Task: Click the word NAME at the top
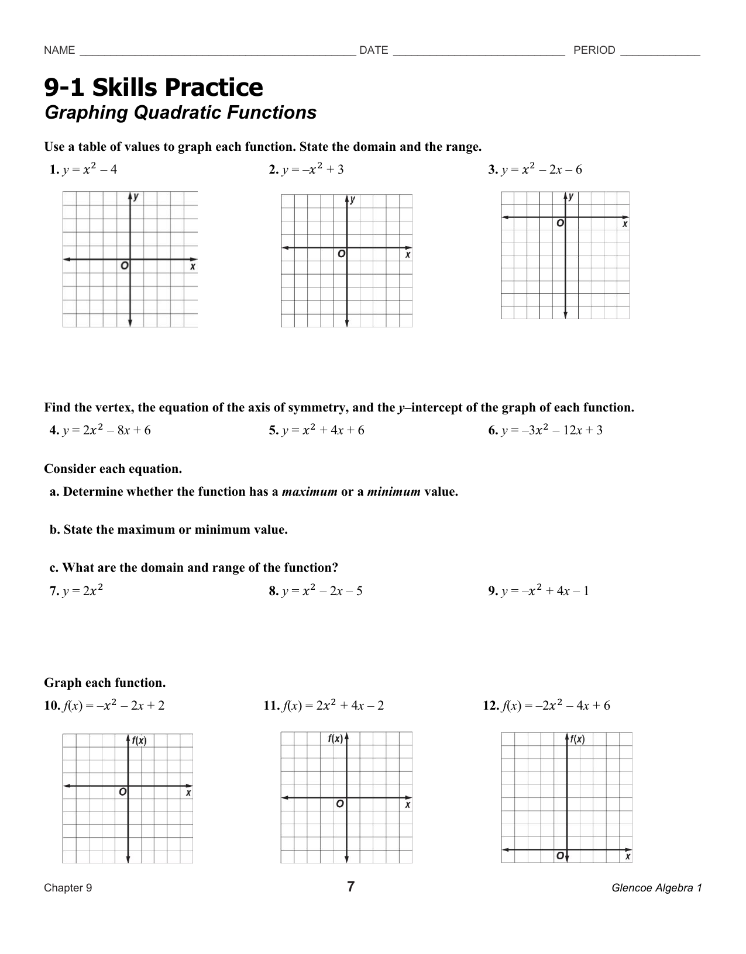(59, 50)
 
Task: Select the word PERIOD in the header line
(594, 50)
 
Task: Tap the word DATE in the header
(373, 50)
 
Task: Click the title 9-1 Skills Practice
(154, 87)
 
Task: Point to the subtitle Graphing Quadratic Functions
(180, 112)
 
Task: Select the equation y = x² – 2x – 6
(541, 170)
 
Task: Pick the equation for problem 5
(322, 430)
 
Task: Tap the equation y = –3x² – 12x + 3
(551, 430)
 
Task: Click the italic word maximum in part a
(310, 492)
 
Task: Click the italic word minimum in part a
(393, 492)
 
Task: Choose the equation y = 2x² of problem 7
(83, 590)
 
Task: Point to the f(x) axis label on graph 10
(139, 741)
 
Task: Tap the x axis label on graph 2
(408, 255)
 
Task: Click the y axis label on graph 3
(571, 197)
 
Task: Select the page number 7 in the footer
(350, 887)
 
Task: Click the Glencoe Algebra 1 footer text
(656, 888)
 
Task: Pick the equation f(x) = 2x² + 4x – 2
(332, 706)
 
